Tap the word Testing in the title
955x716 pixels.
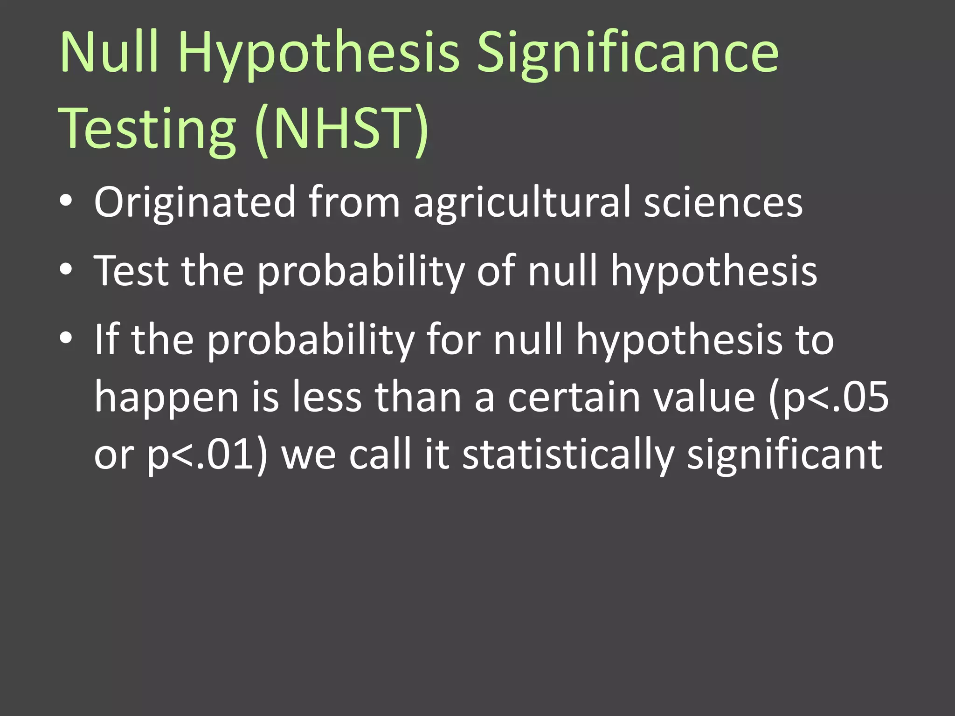147,129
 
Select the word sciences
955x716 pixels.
723,202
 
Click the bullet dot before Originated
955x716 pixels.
66,201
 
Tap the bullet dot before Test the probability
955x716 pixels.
66,269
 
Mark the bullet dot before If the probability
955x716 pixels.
66,337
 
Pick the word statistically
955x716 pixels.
568,455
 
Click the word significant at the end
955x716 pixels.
784,455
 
